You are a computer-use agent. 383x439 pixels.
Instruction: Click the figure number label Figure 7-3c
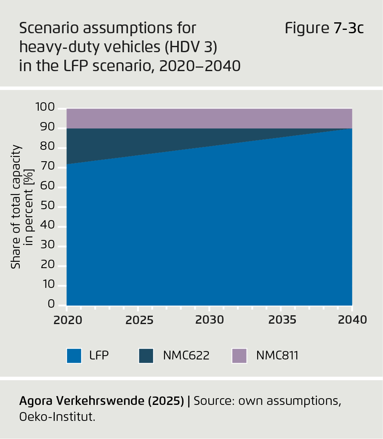point(324,29)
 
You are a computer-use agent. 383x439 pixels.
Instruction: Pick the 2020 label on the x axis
point(67,320)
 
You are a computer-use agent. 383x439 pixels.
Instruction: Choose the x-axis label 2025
point(139,320)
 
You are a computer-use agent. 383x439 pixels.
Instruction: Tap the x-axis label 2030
point(210,320)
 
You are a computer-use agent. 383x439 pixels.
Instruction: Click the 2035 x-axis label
point(281,320)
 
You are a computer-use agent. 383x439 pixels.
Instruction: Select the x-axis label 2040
point(352,320)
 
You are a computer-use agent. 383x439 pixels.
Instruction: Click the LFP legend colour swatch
point(74,356)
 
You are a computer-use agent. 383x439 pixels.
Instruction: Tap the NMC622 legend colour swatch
point(146,356)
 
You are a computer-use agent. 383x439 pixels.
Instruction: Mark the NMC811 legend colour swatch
point(239,356)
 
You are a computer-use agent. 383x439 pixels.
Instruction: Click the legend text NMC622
point(186,356)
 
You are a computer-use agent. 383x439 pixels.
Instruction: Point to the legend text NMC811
point(277,356)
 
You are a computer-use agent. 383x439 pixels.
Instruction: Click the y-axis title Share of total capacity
point(16,207)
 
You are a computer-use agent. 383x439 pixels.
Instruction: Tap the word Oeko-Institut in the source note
point(57,417)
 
